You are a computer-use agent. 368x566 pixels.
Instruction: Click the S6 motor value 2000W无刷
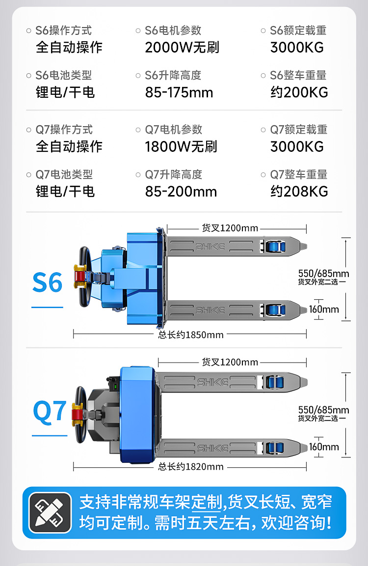click(182, 48)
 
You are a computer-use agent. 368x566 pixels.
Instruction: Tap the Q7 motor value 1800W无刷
click(181, 146)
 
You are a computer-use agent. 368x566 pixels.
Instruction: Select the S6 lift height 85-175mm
click(179, 92)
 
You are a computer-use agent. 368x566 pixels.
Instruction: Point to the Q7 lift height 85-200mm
click(181, 191)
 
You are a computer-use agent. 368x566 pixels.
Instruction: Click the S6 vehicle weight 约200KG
click(299, 92)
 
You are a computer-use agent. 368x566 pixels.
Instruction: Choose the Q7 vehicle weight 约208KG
click(299, 191)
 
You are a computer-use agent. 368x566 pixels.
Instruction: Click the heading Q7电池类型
click(64, 174)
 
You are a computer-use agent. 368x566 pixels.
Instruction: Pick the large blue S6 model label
click(48, 283)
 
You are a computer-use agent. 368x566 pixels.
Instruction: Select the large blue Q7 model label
click(50, 411)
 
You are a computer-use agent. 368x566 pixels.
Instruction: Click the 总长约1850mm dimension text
click(191, 335)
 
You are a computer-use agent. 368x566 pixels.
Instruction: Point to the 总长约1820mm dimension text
click(191, 467)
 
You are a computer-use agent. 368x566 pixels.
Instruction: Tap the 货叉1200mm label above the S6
click(230, 228)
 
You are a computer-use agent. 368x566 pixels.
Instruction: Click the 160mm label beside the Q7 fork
click(324, 447)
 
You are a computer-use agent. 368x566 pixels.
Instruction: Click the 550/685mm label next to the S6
click(324, 274)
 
